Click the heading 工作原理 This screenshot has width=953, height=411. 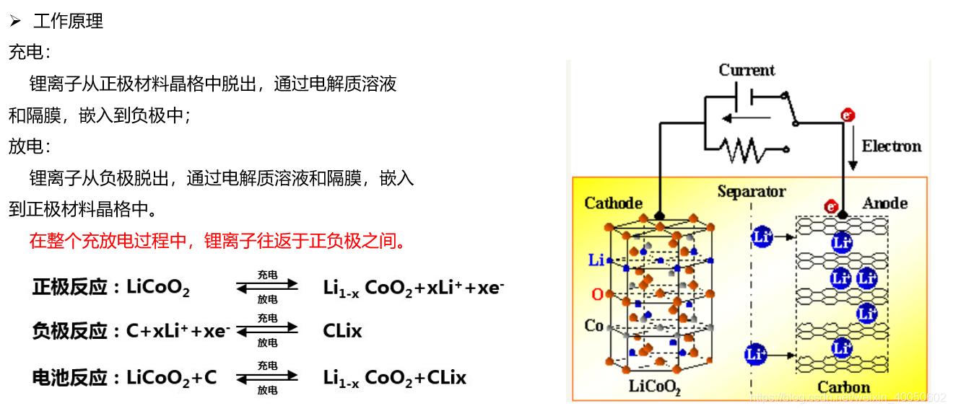click(x=68, y=22)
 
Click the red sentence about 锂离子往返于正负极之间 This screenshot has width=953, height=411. click(x=217, y=241)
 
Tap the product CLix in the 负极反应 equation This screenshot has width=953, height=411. click(x=342, y=332)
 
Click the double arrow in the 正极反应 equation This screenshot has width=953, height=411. click(x=267, y=287)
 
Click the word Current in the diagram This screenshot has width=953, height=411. click(x=747, y=70)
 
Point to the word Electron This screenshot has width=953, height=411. click(x=891, y=146)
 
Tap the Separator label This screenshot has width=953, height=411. click(x=751, y=192)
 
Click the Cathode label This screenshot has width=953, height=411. click(x=613, y=203)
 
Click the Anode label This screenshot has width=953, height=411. click(x=884, y=203)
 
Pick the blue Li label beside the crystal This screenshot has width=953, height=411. click(x=596, y=260)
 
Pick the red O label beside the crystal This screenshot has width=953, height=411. click(x=596, y=294)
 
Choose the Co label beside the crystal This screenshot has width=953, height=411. click(x=593, y=326)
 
